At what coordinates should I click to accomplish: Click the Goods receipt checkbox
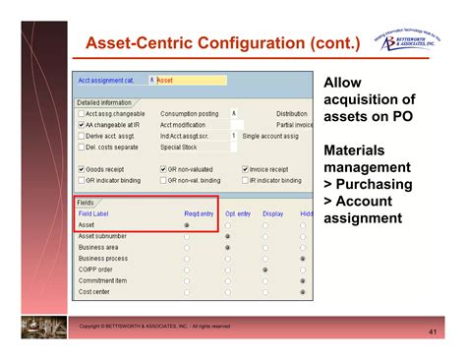point(81,168)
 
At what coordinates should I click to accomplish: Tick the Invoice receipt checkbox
point(244,168)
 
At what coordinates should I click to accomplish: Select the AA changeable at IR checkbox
point(81,124)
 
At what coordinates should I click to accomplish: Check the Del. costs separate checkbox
point(81,147)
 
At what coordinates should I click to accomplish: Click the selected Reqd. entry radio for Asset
point(188,224)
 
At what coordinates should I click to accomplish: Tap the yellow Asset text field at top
point(191,80)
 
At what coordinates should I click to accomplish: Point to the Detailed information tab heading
point(105,101)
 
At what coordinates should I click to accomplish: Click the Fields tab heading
point(86,202)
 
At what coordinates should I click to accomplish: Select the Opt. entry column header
point(237,212)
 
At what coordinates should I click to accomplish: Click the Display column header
point(272,212)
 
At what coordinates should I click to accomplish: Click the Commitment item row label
point(103,280)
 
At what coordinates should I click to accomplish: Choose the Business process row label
point(103,258)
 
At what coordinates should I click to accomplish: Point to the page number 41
point(433,332)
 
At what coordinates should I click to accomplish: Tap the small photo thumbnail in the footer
point(39,328)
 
